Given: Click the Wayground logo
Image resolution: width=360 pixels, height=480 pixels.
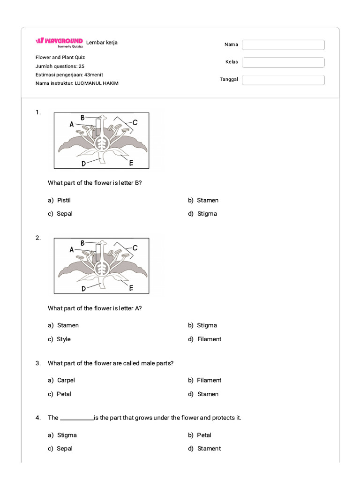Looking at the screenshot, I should (59, 41).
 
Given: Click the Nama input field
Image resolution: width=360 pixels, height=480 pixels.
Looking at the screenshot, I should (283, 45).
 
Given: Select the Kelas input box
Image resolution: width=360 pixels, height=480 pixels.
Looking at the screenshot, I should (283, 62).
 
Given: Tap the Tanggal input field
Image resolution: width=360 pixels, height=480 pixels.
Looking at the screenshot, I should (283, 80).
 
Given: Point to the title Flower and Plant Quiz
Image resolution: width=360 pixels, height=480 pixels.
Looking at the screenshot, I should (60, 57).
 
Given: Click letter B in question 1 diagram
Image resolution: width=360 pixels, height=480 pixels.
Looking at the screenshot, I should (82, 118).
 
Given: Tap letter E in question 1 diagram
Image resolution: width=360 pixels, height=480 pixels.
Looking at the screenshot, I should (131, 163).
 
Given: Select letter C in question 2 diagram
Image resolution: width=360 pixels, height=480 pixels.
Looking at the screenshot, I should (135, 247).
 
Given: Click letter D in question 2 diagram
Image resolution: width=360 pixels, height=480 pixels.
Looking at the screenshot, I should (83, 289).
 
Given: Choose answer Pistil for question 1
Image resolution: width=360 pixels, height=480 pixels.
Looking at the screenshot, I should (64, 200).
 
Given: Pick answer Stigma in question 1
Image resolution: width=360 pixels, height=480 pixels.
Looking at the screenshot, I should (207, 214).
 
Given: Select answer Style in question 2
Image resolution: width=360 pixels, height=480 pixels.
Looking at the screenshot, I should (64, 339).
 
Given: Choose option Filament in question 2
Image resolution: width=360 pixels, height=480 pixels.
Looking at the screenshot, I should (209, 339).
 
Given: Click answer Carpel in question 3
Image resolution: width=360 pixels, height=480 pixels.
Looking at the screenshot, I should (66, 380).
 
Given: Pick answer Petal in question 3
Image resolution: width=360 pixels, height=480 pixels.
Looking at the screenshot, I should (64, 394).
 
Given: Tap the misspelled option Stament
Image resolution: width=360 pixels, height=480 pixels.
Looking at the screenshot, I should (209, 449).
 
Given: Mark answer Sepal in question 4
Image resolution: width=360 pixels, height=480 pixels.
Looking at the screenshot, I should (65, 449).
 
